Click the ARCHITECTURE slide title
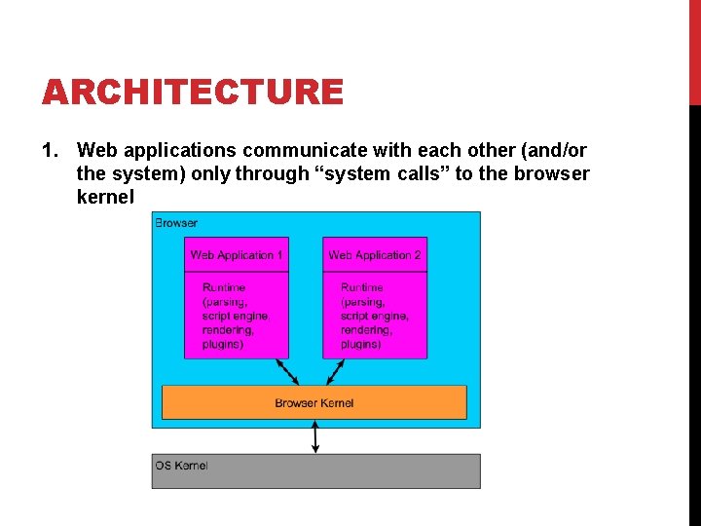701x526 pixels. (192, 93)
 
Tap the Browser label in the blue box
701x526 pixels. (176, 223)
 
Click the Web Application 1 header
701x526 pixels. (237, 255)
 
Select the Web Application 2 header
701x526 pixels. (375, 255)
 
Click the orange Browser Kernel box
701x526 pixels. (314, 402)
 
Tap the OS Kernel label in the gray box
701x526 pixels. (181, 466)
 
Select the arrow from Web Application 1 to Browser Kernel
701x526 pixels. (287, 372)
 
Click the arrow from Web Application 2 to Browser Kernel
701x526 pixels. (335, 372)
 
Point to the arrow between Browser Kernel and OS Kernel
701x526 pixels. (314, 436)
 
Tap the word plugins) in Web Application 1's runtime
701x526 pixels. (223, 344)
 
